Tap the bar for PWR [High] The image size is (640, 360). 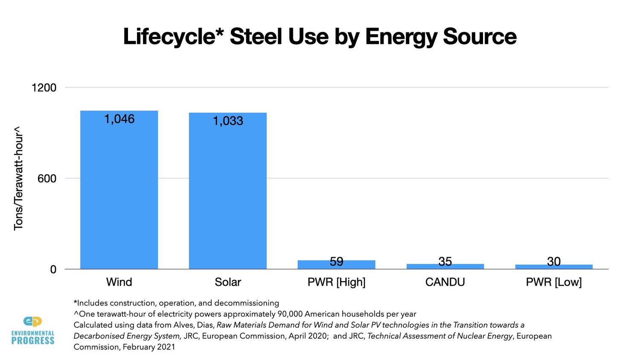click(x=336, y=265)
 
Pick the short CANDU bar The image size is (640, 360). click(x=445, y=267)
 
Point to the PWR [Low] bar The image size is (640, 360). click(x=554, y=267)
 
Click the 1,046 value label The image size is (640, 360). click(x=119, y=119)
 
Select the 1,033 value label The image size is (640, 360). click(x=228, y=121)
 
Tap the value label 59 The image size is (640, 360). click(x=336, y=261)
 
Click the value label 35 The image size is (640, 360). click(x=445, y=261)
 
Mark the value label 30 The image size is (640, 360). click(x=554, y=261)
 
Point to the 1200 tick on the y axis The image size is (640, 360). click(x=44, y=88)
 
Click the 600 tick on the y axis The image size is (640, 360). click(x=47, y=179)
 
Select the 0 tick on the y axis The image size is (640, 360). click(x=53, y=270)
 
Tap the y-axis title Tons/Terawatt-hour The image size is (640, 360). click(x=18, y=178)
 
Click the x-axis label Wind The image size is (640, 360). click(x=119, y=282)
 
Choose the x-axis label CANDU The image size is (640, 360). click(x=445, y=282)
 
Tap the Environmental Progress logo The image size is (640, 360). click(x=33, y=330)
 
